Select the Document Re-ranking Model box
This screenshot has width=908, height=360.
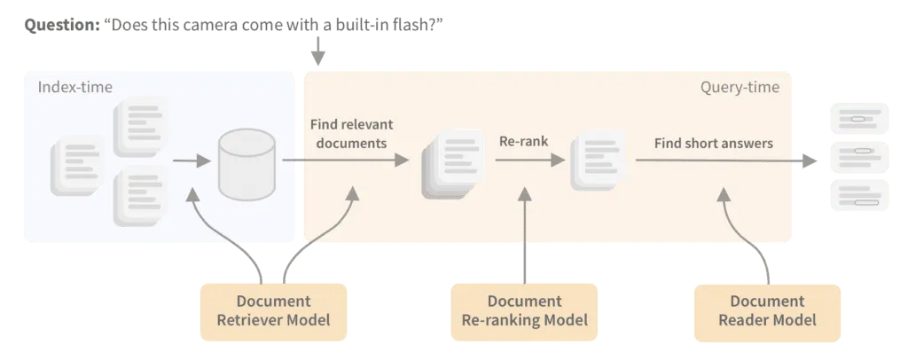coord(523,309)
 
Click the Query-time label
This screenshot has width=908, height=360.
coord(740,87)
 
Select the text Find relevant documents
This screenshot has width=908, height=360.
coord(351,133)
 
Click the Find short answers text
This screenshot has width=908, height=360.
coord(713,142)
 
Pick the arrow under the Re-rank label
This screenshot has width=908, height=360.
coord(529,160)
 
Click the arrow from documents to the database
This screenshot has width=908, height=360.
coord(190,161)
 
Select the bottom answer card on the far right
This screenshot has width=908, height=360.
coord(857,197)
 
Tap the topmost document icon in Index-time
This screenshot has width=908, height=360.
coord(137,122)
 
